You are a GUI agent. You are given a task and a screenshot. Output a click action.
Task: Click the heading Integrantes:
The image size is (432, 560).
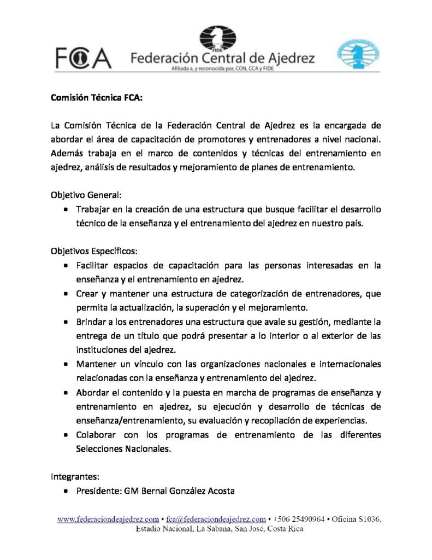click(x=75, y=476)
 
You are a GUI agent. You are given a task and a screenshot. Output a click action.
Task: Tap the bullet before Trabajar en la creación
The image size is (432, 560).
click(x=66, y=209)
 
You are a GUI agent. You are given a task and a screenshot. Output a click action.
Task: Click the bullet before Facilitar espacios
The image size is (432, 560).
click(x=66, y=266)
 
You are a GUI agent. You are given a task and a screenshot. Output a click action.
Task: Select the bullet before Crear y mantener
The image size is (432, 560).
click(x=66, y=294)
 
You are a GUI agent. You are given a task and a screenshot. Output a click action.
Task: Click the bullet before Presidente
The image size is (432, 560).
click(x=66, y=491)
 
